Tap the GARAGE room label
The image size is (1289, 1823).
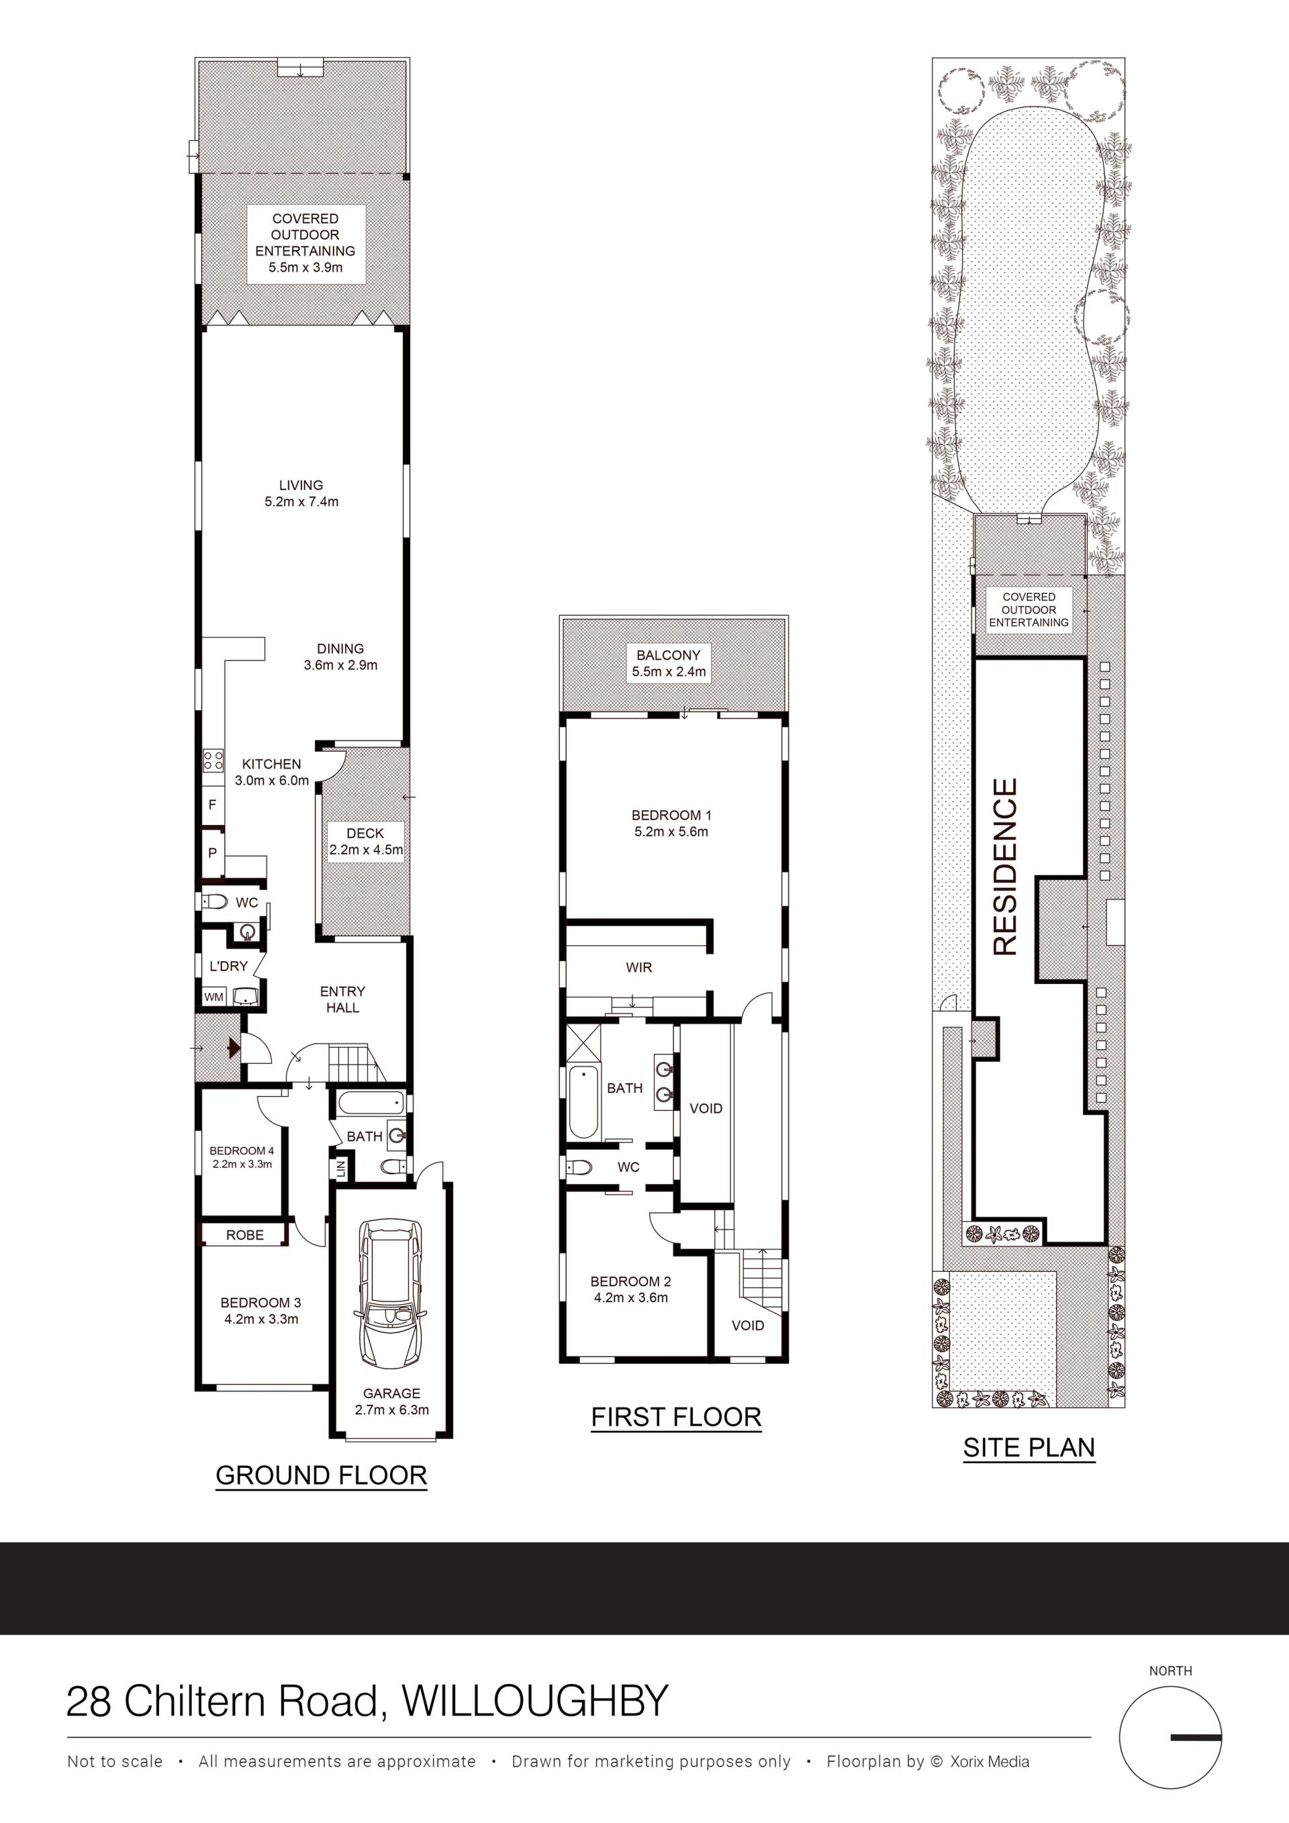[391, 1393]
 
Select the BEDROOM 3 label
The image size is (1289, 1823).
[260, 1302]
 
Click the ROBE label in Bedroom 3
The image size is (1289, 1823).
[244, 1234]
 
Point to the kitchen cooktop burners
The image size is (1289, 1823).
[213, 760]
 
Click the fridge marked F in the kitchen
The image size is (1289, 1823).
[212, 804]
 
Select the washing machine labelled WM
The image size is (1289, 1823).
[214, 997]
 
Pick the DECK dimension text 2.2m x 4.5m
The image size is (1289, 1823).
[366, 850]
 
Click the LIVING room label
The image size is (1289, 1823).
[301, 485]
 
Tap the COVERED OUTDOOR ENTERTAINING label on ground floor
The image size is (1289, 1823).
[305, 234]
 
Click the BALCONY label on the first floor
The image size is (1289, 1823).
[669, 655]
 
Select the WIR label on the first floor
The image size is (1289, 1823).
[638, 967]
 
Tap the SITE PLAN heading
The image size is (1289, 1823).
[1029, 1447]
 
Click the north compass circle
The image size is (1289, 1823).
[1171, 1737]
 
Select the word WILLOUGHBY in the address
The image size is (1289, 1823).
[535, 1700]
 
